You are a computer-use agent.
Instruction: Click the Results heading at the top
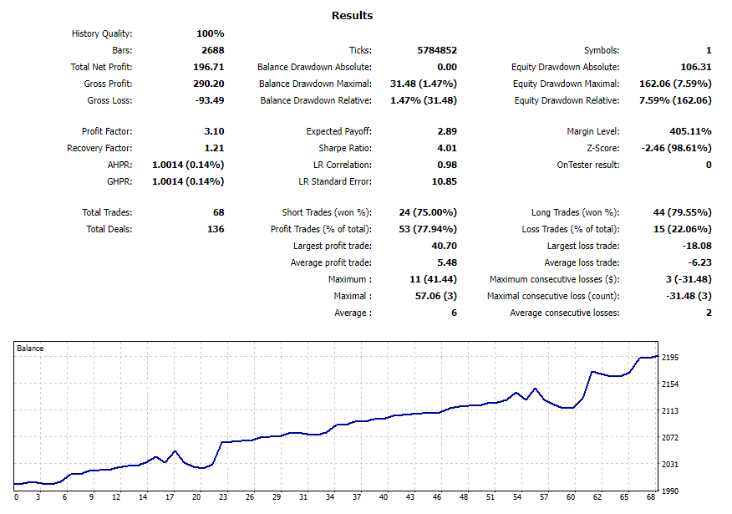pyautogui.click(x=352, y=15)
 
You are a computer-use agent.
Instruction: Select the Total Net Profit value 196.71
pyautogui.click(x=208, y=67)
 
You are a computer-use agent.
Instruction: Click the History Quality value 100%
pyautogui.click(x=210, y=33)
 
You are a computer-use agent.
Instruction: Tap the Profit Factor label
pyautogui.click(x=107, y=131)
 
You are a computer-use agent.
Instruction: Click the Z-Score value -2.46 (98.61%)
pyautogui.click(x=676, y=148)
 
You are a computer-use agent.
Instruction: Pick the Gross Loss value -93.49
pyautogui.click(x=208, y=100)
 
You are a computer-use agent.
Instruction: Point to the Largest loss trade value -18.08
pyautogui.click(x=696, y=246)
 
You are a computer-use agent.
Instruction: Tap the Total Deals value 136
pyautogui.click(x=215, y=229)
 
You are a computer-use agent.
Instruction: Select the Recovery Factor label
pyautogui.click(x=99, y=148)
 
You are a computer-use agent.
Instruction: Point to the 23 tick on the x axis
pyautogui.click(x=223, y=497)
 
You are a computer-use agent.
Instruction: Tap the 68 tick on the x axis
pyautogui.click(x=652, y=497)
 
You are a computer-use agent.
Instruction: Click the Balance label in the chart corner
pyautogui.click(x=31, y=348)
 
